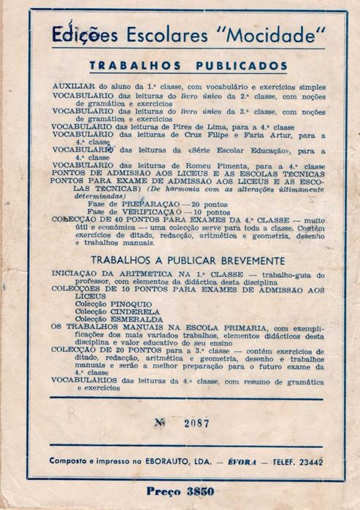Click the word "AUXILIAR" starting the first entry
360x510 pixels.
pos(73,87)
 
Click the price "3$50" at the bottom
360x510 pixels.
pos(206,491)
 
